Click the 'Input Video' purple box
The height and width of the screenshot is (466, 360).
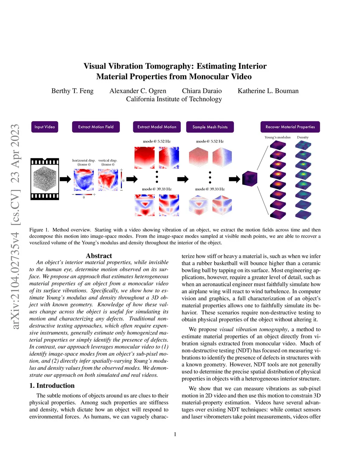[x=45, y=127]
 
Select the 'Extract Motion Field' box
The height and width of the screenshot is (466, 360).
[x=96, y=127]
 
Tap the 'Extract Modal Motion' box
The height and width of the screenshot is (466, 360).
[x=157, y=127]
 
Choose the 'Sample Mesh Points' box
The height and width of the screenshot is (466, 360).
[x=210, y=127]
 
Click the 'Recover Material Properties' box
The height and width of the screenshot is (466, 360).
[x=290, y=127]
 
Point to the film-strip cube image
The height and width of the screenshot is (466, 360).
[x=45, y=179]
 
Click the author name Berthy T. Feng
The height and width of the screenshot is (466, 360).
[x=72, y=91]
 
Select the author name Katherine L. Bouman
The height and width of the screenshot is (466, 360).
[x=268, y=91]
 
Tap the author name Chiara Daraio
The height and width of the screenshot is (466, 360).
[x=202, y=91]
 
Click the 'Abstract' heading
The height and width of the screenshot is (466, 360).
[x=99, y=256]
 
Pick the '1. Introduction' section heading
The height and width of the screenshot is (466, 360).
[x=52, y=385]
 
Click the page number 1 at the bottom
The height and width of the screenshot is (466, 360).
[x=175, y=434]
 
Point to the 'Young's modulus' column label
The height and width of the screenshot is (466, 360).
[x=277, y=138]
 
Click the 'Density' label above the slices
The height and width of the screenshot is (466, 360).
[x=303, y=138]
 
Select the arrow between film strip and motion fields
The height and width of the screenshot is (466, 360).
[x=65, y=179]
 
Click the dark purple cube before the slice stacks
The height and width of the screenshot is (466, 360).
[x=250, y=179]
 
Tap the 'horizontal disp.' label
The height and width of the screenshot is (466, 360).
[x=84, y=160]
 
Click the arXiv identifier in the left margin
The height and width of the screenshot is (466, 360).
[x=15, y=227]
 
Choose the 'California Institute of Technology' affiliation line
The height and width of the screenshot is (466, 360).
[x=174, y=99]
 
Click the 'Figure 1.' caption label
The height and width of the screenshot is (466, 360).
[x=39, y=230]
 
